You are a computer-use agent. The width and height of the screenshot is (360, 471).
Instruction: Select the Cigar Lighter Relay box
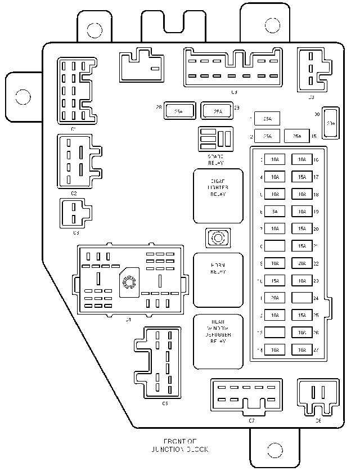(218, 195)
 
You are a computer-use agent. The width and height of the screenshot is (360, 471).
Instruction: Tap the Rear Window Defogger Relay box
(218, 342)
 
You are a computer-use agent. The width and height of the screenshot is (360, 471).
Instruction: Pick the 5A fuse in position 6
(274, 212)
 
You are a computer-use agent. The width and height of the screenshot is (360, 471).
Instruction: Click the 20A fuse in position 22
(303, 263)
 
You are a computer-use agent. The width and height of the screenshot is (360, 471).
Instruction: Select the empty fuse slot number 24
(303, 298)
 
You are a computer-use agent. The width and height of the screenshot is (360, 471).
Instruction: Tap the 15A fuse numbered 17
(303, 177)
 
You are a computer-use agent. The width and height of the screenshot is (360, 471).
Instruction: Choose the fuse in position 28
(178, 111)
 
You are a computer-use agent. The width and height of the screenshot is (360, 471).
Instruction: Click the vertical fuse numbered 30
(331, 123)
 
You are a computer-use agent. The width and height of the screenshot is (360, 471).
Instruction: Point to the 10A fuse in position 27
(303, 350)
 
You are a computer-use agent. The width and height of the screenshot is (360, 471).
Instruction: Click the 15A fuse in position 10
(274, 280)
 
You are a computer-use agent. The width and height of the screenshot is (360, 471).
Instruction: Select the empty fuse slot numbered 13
(274, 333)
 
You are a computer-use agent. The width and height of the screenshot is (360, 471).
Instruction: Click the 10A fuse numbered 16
(303, 160)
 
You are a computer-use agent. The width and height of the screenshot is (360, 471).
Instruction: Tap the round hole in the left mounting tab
(22, 97)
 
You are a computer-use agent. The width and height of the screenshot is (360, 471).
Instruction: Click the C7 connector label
(251, 420)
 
